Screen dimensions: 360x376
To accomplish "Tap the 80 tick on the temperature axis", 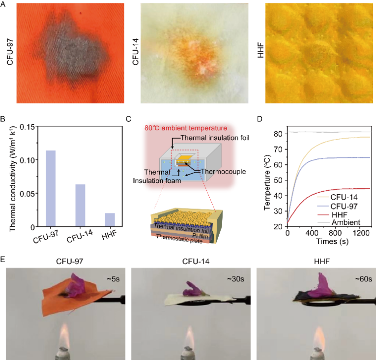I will [x=280, y=133].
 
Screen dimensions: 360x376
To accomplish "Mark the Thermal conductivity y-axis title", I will [x=9, y=176].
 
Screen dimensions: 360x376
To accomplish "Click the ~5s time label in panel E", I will [x=107, y=278].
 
